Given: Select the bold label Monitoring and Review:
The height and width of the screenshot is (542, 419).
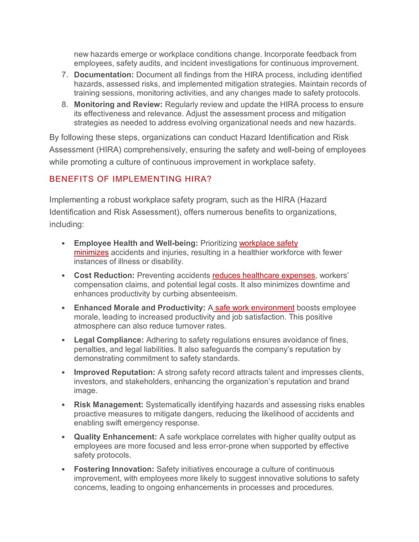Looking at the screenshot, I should coord(119,104).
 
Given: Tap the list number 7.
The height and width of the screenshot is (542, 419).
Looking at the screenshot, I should coord(65,74).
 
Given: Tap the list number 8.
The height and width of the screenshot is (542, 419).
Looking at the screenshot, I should coord(65,104).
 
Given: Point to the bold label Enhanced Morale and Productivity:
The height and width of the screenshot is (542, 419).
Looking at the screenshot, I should coord(139,308).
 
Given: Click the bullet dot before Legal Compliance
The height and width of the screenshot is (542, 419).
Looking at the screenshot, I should coord(62,340).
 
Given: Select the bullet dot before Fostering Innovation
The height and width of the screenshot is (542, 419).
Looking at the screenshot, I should coord(62,469).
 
